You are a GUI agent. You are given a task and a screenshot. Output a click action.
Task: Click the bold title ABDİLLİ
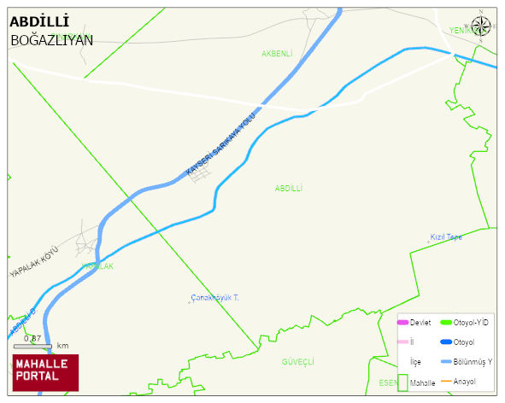(40, 21)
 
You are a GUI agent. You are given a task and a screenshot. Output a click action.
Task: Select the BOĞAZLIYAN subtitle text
(51, 40)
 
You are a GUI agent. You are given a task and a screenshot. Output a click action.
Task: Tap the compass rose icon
(481, 26)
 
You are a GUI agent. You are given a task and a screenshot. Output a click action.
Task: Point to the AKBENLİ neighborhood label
(277, 53)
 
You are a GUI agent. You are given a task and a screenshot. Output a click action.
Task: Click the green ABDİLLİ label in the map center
(289, 188)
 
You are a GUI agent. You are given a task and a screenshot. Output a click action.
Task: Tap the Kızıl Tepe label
(445, 237)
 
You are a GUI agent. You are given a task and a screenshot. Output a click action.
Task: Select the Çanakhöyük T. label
(214, 298)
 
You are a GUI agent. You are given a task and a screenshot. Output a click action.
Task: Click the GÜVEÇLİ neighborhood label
(298, 362)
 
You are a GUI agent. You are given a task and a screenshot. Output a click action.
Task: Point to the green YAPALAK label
(97, 266)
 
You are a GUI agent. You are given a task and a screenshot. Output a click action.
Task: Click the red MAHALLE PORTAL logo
(44, 371)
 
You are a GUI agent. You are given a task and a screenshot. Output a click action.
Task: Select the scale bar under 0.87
(32, 347)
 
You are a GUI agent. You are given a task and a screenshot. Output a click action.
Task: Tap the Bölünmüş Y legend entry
(473, 361)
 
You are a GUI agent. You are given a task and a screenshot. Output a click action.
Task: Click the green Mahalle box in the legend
(402, 383)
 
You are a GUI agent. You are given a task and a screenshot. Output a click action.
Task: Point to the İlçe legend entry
(415, 362)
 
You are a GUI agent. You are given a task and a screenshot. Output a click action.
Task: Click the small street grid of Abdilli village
(203, 175)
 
